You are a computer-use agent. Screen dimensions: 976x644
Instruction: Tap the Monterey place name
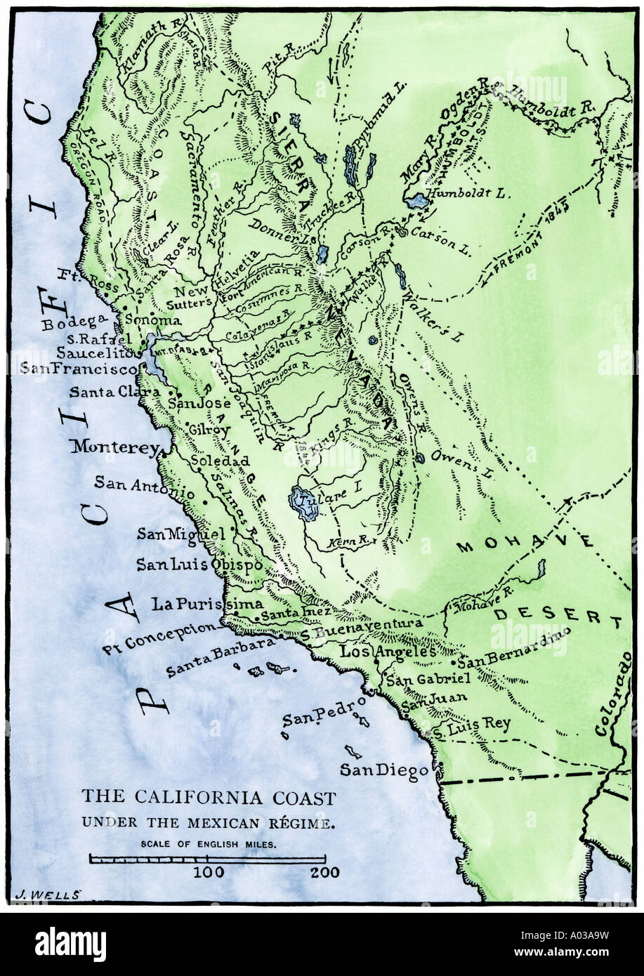point(115,446)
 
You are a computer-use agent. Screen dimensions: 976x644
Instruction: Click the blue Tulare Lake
point(305,504)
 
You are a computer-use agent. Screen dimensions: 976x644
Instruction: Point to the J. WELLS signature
point(48,893)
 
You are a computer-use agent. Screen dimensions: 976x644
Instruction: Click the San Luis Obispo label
point(199,564)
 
